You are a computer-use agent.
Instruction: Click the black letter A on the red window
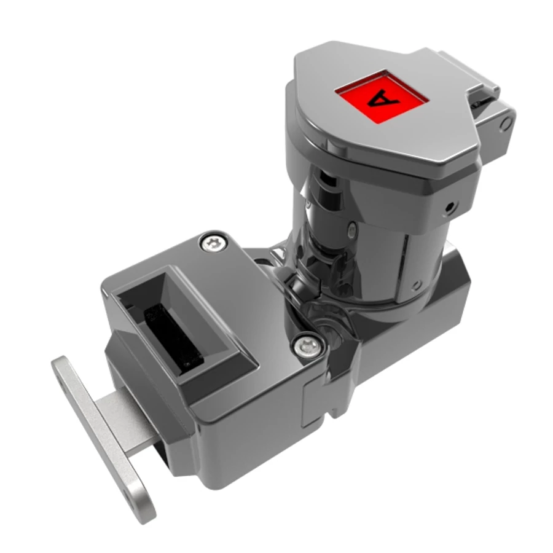point(383,98)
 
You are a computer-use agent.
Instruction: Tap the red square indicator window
point(382,96)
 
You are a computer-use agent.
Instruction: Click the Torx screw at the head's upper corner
point(213,243)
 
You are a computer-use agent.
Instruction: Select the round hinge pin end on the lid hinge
point(506,124)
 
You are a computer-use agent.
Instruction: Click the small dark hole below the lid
point(449,207)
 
